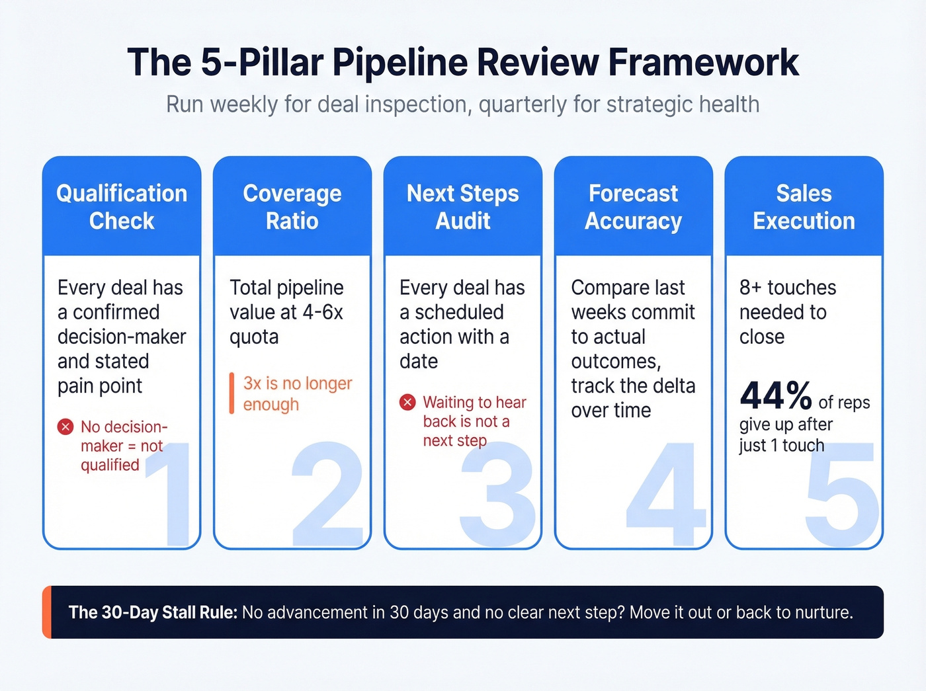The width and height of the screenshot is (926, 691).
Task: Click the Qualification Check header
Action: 122,207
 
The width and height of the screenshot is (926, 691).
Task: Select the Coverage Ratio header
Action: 292,207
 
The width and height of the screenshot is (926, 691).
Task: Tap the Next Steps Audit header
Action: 462,207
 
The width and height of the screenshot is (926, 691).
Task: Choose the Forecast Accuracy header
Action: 633,207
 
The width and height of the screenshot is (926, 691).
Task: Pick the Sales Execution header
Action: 804,207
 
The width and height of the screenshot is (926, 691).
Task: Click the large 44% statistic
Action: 776,396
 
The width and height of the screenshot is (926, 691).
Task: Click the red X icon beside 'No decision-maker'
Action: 65,427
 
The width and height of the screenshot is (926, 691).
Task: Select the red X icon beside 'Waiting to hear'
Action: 407,402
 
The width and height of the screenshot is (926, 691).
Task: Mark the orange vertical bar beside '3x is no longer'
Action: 232,393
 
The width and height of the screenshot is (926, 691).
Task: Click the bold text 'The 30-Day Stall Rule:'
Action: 153,612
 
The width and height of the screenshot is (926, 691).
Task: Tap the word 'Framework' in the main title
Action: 703,63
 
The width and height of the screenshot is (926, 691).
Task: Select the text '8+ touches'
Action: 788,288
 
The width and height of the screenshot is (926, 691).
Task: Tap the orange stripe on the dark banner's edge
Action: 46,612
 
